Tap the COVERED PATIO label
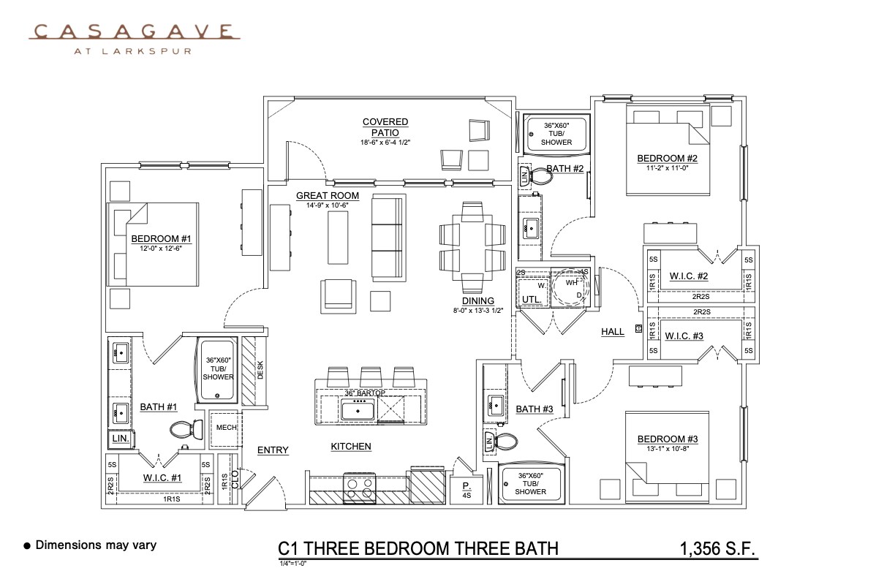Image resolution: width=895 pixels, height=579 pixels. (x=385, y=127)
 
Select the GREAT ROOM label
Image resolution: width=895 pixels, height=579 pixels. (x=327, y=195)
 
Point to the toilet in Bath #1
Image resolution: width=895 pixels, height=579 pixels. (x=179, y=430)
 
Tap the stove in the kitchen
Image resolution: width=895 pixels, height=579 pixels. (x=359, y=489)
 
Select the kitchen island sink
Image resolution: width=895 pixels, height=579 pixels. (x=358, y=409)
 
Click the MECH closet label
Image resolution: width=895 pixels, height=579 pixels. (x=226, y=427)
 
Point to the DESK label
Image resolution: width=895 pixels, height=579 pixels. (x=260, y=371)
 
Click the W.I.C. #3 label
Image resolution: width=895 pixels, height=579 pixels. (x=684, y=336)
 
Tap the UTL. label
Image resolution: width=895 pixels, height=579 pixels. (x=530, y=298)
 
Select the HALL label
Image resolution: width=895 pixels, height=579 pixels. (x=613, y=331)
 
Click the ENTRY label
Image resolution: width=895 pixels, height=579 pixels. (x=273, y=450)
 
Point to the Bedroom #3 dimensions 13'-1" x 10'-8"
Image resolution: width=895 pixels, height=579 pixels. (x=668, y=449)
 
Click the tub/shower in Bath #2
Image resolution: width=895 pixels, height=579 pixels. (x=556, y=134)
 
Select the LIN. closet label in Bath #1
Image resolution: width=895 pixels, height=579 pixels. (x=119, y=438)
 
